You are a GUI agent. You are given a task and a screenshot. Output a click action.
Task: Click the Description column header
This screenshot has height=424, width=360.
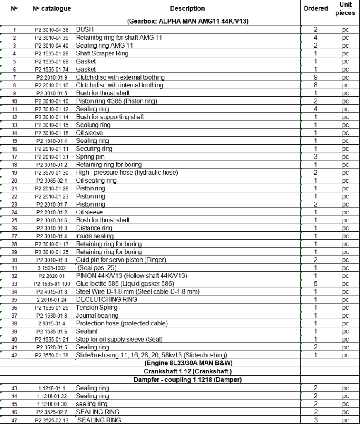click(187, 8)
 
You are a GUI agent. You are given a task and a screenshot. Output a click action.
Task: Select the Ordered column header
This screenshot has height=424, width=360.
click(316, 8)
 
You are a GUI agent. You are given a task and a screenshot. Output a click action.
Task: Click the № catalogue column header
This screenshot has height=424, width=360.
click(52, 8)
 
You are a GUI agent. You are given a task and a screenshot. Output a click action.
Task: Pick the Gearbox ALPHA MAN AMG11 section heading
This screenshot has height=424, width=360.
click(187, 22)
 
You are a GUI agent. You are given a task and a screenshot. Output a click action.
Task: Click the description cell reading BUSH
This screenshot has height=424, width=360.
click(85, 29)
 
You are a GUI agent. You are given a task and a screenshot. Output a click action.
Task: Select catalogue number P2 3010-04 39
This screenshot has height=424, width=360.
click(52, 38)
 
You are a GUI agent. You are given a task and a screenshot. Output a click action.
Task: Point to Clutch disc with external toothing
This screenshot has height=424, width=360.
click(120, 77)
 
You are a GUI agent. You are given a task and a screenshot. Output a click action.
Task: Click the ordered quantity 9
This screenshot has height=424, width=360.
click(316, 77)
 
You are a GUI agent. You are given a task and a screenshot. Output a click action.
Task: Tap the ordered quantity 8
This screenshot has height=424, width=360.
click(316, 85)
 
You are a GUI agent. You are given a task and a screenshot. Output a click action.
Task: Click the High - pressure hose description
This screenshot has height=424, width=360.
click(127, 173)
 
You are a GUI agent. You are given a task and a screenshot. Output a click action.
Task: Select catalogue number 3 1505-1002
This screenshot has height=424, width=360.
click(52, 268)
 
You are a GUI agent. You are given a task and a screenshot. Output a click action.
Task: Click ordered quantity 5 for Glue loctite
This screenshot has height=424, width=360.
click(316, 284)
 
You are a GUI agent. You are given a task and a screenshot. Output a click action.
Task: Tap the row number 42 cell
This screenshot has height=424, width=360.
click(14, 355)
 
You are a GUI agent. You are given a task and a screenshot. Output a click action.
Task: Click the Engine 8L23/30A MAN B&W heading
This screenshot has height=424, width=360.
click(187, 363)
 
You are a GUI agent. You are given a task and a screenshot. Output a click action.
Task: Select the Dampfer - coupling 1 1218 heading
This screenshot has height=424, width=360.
click(187, 379)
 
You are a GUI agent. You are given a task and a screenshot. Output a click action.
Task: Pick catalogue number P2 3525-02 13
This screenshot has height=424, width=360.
click(52, 419)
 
